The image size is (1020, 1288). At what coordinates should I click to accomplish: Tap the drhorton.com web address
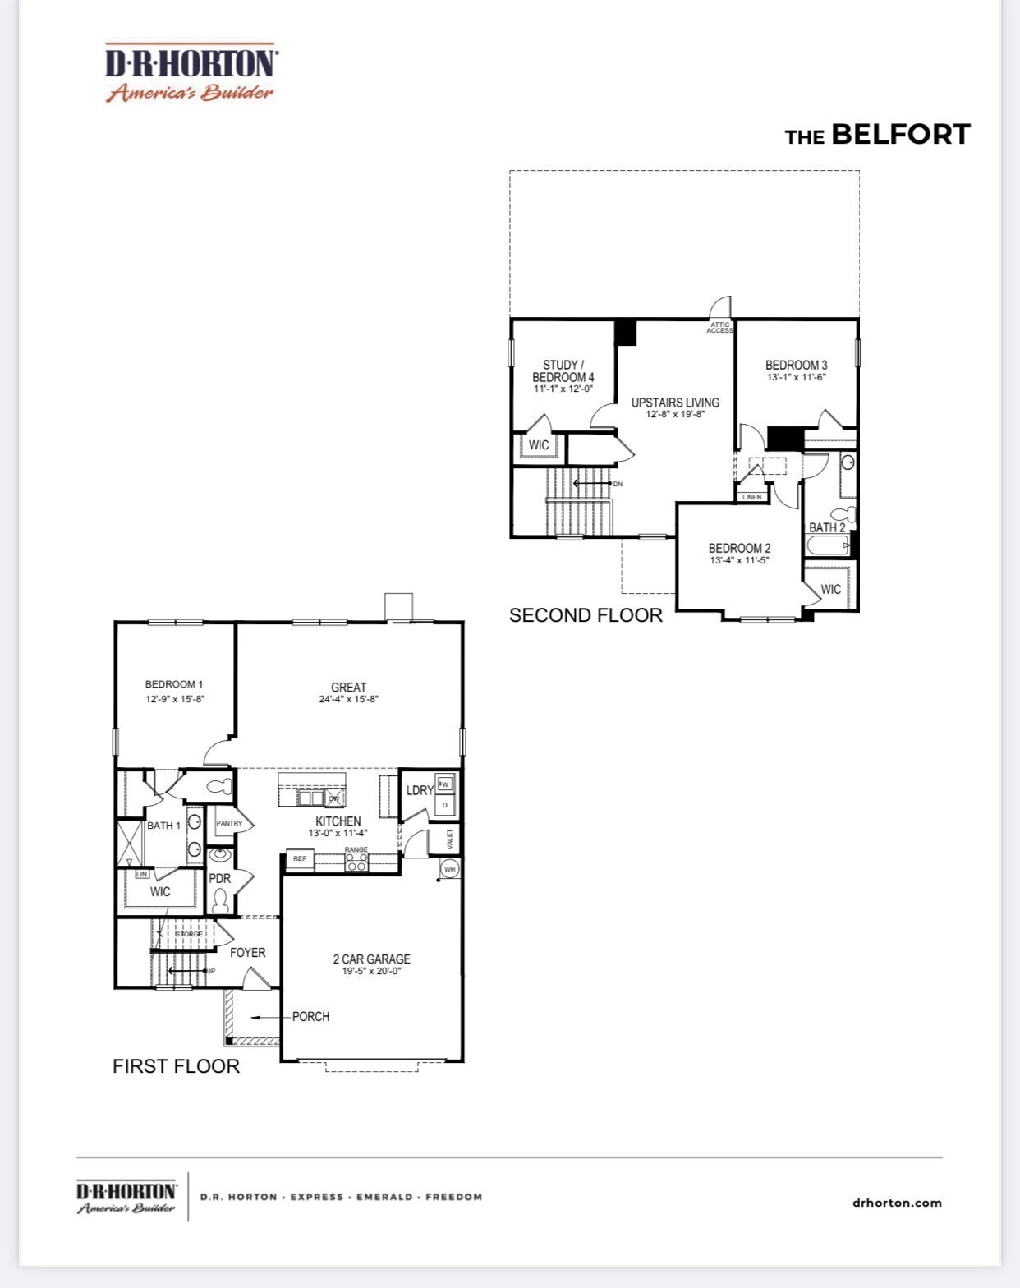coord(897,1203)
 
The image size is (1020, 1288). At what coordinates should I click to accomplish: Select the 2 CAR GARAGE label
coord(371,959)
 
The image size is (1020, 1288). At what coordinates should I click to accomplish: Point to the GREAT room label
coord(348,687)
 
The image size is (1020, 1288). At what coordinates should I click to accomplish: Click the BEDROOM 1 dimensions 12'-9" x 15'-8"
coord(174,699)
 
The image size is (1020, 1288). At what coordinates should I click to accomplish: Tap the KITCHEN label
coord(338,821)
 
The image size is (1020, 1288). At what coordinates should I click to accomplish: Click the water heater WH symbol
coord(449,869)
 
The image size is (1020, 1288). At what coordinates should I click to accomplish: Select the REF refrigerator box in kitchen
coord(300,858)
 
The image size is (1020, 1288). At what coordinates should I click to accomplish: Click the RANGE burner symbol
coord(356,862)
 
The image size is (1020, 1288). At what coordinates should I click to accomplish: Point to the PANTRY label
coord(229,823)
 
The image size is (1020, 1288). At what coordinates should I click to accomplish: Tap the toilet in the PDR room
coord(219,901)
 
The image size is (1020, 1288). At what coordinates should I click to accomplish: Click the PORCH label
coord(310,1016)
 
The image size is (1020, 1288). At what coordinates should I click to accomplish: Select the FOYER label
coord(247,952)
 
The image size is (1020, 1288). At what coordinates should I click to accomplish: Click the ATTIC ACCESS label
coord(719,328)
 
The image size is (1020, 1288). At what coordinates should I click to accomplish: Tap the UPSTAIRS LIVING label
coord(675,402)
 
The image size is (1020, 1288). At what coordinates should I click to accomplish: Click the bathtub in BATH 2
coord(827,545)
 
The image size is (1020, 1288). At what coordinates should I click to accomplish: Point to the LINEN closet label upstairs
coord(752,497)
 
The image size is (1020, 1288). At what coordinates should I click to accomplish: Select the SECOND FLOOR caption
coord(586,615)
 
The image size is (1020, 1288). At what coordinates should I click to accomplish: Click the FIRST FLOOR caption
coord(176,1065)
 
